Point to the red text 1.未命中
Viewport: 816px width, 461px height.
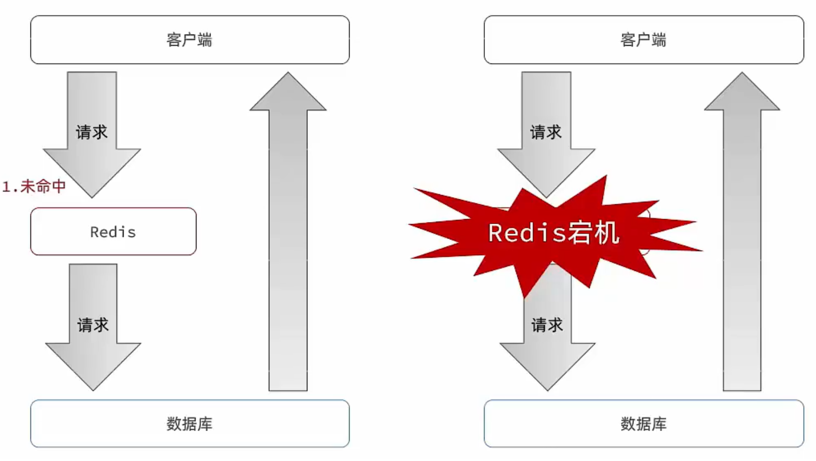[x=34, y=187]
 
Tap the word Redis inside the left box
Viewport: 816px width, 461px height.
[x=113, y=232]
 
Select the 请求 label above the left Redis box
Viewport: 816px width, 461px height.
[x=92, y=132]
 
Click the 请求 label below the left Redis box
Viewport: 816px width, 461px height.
[x=93, y=325]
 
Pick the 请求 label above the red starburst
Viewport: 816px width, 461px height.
[x=546, y=132]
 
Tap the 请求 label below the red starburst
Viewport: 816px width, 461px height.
[x=547, y=325]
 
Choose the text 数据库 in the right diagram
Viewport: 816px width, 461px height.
[x=644, y=423]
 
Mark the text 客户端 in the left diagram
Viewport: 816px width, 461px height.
[x=189, y=40]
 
